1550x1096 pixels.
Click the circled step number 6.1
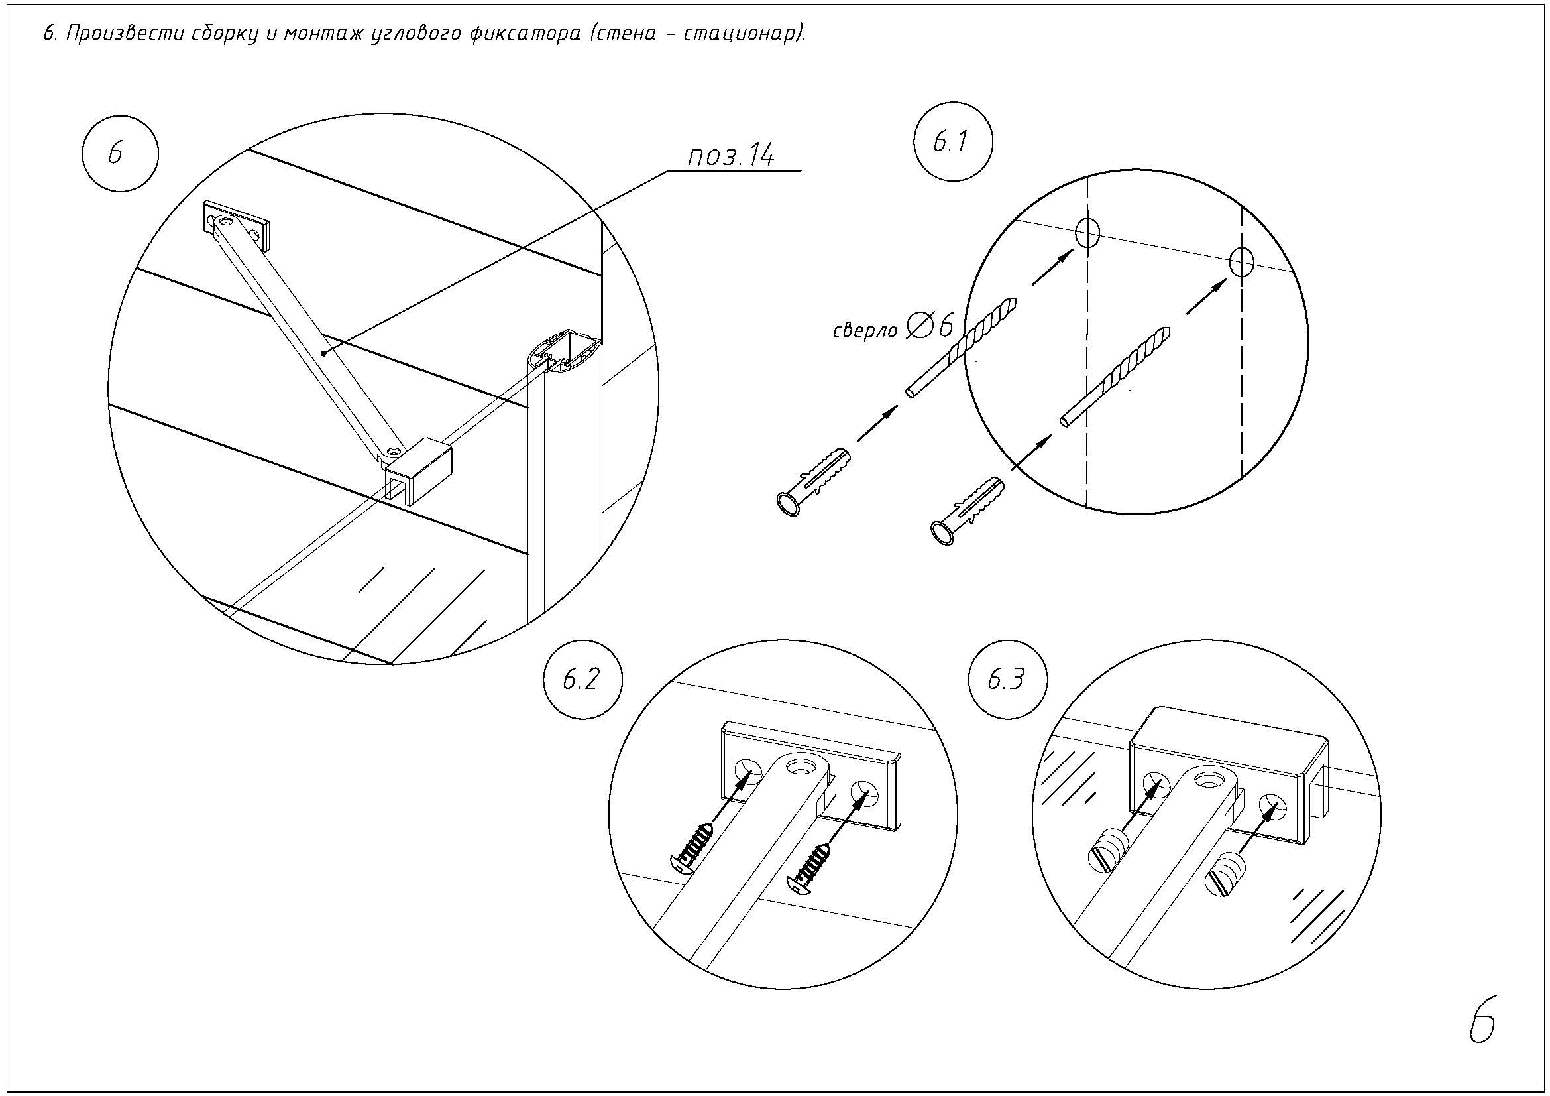pos(952,143)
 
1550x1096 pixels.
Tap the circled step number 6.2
pos(581,680)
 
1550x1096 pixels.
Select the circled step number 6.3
pos(1006,680)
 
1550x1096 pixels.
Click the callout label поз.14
pos(731,156)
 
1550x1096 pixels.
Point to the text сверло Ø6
pos(893,328)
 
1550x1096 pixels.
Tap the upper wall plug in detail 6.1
pos(814,479)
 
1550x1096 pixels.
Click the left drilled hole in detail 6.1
pos(1087,232)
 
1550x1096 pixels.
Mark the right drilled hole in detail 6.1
pos(1241,262)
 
